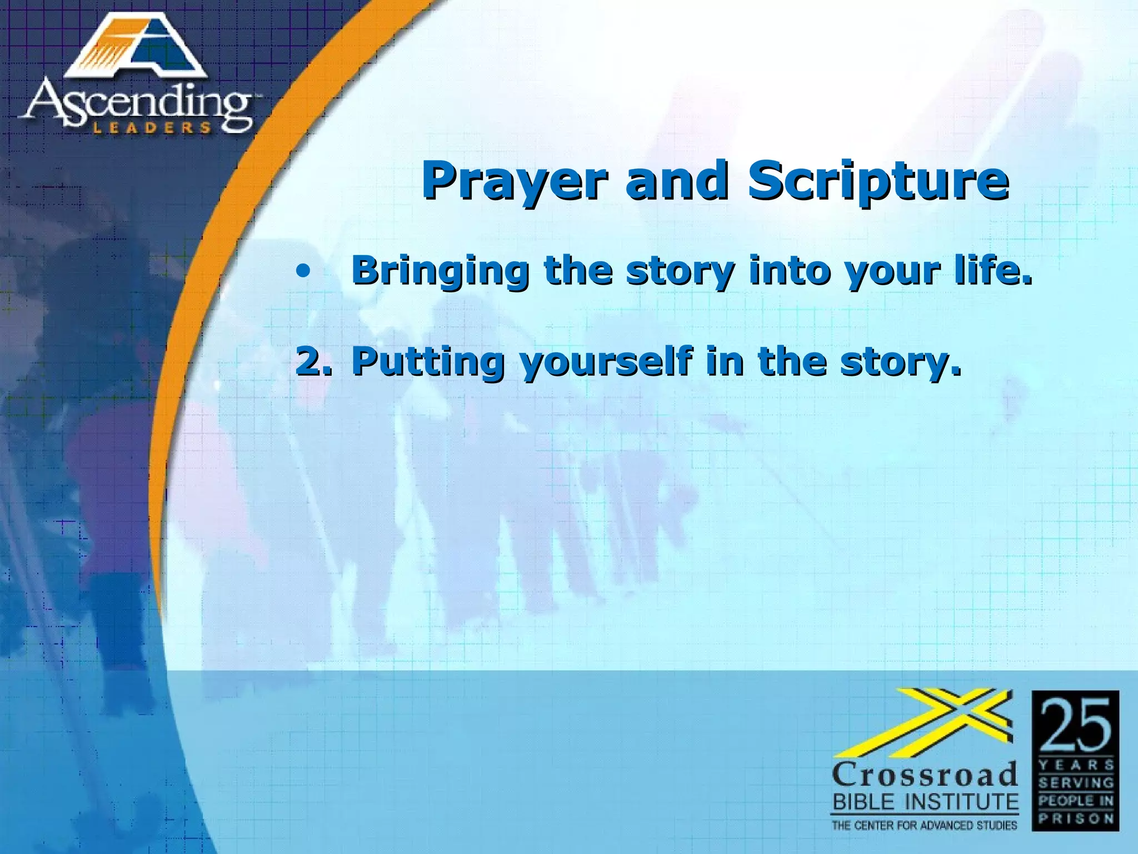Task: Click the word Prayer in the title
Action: pyautogui.click(x=511, y=181)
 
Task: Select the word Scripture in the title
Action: pyautogui.click(x=878, y=181)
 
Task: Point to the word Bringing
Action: pyautogui.click(x=441, y=271)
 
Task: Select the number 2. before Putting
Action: pyautogui.click(x=315, y=360)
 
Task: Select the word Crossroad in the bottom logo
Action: pyautogui.click(x=925, y=774)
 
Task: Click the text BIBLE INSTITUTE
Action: pyautogui.click(x=925, y=802)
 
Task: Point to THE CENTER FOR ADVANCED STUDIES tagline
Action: pyautogui.click(x=925, y=825)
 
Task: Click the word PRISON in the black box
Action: pyautogui.click(x=1076, y=818)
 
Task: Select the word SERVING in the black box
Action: pyautogui.click(x=1076, y=783)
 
